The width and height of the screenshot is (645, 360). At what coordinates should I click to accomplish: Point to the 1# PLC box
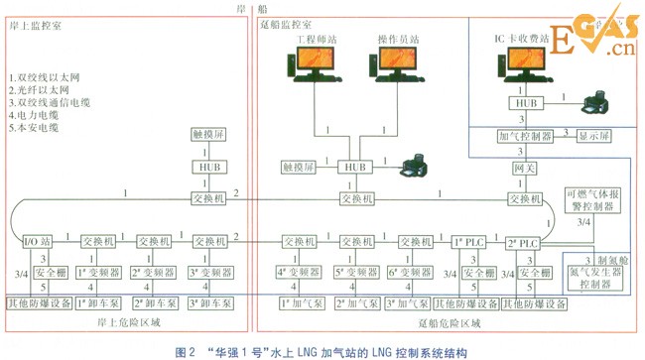pyautogui.click(x=465, y=241)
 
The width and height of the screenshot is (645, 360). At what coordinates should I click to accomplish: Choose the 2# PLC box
pyautogui.click(x=523, y=241)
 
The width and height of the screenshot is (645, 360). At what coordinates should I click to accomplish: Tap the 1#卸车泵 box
pyautogui.click(x=98, y=301)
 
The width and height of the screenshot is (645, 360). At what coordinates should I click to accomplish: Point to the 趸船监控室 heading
pyautogui.click(x=282, y=22)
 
